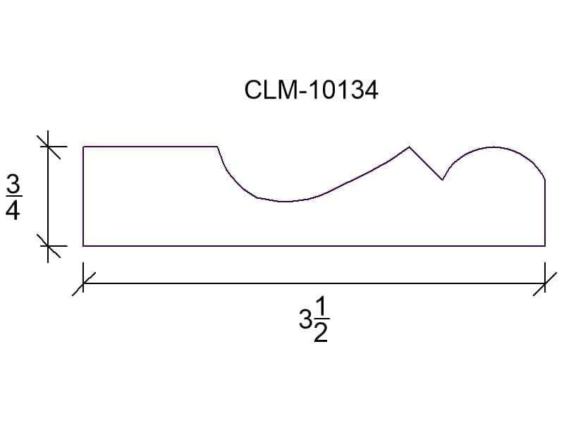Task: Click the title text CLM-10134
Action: [311, 90]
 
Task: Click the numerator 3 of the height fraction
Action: [13, 185]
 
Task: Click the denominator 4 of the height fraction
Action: [13, 209]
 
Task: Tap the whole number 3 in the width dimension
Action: [305, 319]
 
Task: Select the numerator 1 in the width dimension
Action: [321, 308]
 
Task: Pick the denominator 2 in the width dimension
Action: [321, 332]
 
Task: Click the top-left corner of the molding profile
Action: [83, 147]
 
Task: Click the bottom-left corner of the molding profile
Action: [83, 246]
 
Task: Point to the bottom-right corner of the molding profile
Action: [545, 246]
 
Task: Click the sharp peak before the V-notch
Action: [409, 147]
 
